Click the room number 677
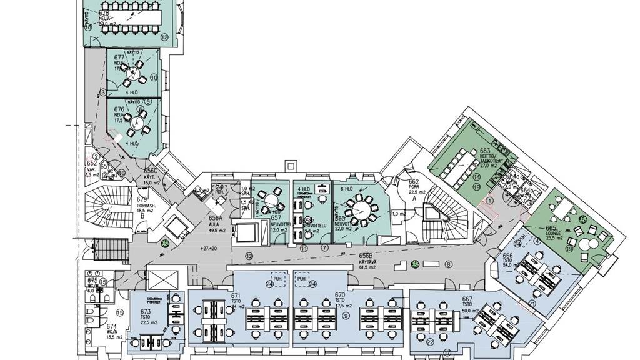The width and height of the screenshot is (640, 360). point(117,58)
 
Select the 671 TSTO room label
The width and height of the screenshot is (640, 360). point(236,299)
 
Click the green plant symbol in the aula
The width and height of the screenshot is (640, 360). point(166,242)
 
